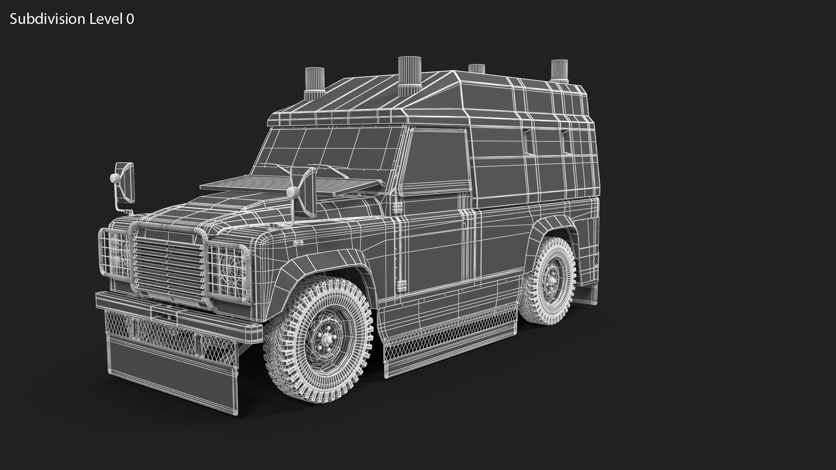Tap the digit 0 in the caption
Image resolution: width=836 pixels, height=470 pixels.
tap(130, 19)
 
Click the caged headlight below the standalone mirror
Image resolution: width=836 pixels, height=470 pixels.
tap(116, 252)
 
